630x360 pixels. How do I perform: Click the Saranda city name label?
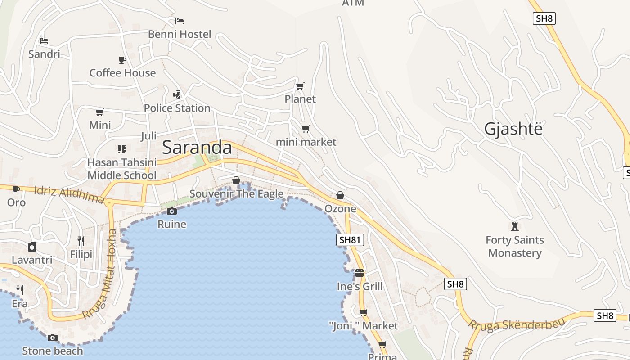tap(197, 148)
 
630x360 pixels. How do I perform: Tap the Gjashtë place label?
tap(513, 129)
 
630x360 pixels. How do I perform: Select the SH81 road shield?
tap(350, 240)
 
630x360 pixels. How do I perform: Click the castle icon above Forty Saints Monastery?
tap(515, 226)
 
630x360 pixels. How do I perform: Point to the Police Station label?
tap(177, 108)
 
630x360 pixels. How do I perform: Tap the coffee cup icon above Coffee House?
tap(122, 60)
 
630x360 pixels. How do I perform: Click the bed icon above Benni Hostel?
tap(180, 21)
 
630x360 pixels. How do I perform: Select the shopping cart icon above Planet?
tap(300, 86)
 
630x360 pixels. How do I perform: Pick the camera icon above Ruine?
tap(171, 211)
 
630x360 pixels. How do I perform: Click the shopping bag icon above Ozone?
tap(340, 195)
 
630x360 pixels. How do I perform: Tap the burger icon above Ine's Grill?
tap(359, 273)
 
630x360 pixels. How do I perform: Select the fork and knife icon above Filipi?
tap(81, 241)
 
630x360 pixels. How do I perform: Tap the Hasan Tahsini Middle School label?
tap(122, 169)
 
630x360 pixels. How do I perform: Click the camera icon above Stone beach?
tap(53, 337)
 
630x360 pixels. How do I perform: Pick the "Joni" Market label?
tap(364, 325)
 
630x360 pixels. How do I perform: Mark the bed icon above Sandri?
tap(44, 41)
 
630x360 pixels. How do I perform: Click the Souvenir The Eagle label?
tap(236, 194)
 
